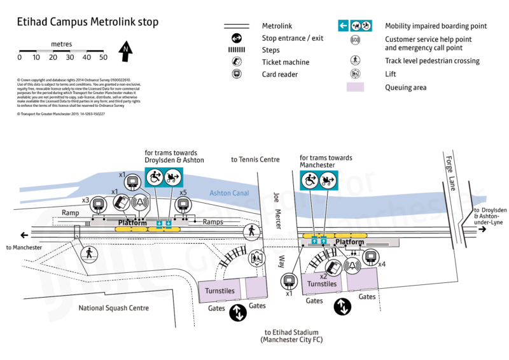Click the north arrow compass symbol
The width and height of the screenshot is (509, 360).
(x=127, y=50)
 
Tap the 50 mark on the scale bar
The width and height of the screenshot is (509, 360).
(x=103, y=57)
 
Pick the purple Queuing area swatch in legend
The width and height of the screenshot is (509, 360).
(x=355, y=87)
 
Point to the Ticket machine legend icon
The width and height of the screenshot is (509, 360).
(x=235, y=62)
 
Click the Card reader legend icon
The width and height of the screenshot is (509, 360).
(x=235, y=74)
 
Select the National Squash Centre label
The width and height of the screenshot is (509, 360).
(x=113, y=308)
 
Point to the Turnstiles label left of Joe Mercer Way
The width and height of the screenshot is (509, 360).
(x=220, y=291)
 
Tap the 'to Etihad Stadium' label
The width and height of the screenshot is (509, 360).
(x=291, y=332)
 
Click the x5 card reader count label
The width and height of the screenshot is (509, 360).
(x=183, y=192)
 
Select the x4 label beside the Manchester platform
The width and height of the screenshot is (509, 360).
(x=382, y=263)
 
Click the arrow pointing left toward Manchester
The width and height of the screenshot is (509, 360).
(x=24, y=233)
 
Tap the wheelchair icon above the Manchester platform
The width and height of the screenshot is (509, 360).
(x=309, y=181)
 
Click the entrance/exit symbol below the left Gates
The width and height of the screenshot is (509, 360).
(x=238, y=313)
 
